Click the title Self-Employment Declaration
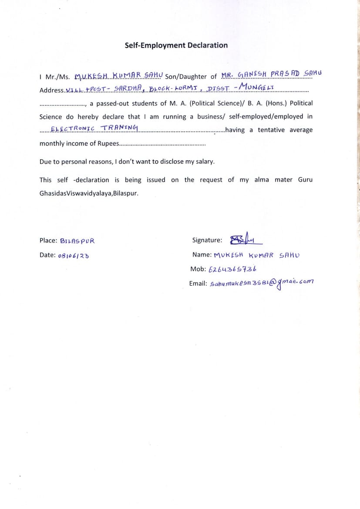tap(176, 45)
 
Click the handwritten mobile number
tap(232, 269)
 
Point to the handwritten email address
tap(261, 283)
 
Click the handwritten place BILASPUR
tap(77, 241)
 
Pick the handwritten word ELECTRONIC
tap(73, 129)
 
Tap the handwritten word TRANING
tap(119, 128)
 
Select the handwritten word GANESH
tap(251, 75)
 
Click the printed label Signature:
tap(207, 240)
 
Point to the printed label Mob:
tap(198, 269)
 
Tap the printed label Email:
tap(198, 283)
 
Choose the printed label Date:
tap(47, 255)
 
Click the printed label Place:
tap(48, 240)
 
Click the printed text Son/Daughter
tap(186, 77)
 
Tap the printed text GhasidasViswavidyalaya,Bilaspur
tap(89, 193)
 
